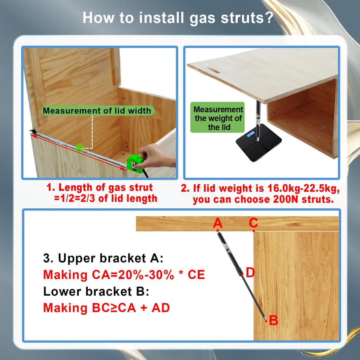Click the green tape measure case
pos(135,163)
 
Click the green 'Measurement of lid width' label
pos(97,111)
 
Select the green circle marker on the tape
pos(80,148)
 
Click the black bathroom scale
pos(259,142)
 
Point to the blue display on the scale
pos(251,134)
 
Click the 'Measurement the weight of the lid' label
pos(217,118)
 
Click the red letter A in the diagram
pos(218,223)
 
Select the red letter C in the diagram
pos(253,223)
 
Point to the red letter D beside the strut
pos(250,273)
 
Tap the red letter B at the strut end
pos(273,320)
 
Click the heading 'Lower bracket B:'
pos(96,291)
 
